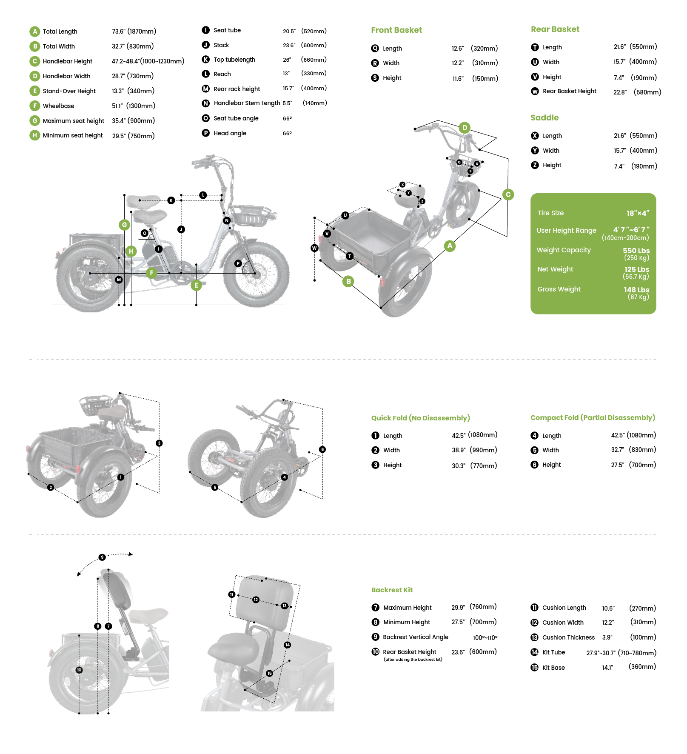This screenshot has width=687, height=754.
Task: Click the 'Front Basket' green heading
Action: coord(396,30)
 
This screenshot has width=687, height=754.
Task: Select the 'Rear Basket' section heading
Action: coord(555,29)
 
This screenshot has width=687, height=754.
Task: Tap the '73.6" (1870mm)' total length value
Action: coord(134,31)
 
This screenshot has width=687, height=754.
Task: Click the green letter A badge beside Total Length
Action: coord(35,31)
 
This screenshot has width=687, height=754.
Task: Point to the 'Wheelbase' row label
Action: coord(58,106)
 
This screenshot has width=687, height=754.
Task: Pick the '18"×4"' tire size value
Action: coord(638,213)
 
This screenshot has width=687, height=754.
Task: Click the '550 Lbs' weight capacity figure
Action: coord(636,251)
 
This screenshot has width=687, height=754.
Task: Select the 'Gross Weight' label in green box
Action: coord(559,289)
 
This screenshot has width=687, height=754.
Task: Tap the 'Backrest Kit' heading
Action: coord(392,590)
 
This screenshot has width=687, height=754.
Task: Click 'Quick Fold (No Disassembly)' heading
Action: coord(420,418)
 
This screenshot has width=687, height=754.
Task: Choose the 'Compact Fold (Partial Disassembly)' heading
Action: coord(593,417)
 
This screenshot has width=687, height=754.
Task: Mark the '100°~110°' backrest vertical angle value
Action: coord(485,637)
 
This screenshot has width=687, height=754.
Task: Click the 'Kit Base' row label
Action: coord(553,668)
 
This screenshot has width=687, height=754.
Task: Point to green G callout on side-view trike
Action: coord(124,225)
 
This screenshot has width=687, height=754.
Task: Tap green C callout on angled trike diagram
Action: coord(508,195)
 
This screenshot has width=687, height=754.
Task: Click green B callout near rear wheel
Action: coord(348,281)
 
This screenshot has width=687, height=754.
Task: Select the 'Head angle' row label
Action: coord(230,133)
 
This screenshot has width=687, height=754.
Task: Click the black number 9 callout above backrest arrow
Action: coord(102,557)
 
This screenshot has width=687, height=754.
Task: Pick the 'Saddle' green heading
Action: coord(544,118)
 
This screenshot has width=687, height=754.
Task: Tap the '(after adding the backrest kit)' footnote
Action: coord(413,660)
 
